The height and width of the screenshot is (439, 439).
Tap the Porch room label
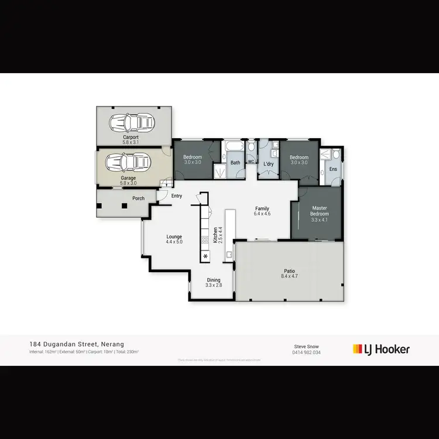pyautogui.click(x=138, y=198)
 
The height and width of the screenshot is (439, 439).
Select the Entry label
pyautogui.click(x=176, y=196)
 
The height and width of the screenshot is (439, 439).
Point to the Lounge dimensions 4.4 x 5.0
pyautogui.click(x=174, y=241)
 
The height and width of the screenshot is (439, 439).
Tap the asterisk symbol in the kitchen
pyautogui.click(x=205, y=256)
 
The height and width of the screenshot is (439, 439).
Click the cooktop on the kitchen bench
pyautogui.click(x=205, y=239)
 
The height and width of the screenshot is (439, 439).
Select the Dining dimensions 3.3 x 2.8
pyautogui.click(x=213, y=284)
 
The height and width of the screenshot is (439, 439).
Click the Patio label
pyautogui.click(x=290, y=271)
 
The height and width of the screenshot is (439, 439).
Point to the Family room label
pyautogui.click(x=261, y=208)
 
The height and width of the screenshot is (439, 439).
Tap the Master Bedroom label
pyautogui.click(x=319, y=211)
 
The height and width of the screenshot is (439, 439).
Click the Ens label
pyautogui.click(x=332, y=169)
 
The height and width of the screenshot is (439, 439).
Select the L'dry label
pyautogui.click(x=269, y=163)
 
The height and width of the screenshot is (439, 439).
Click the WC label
pyautogui.click(x=251, y=162)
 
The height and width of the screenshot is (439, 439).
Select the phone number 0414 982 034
pyautogui.click(x=307, y=352)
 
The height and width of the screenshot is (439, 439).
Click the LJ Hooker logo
pyautogui.click(x=381, y=349)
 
